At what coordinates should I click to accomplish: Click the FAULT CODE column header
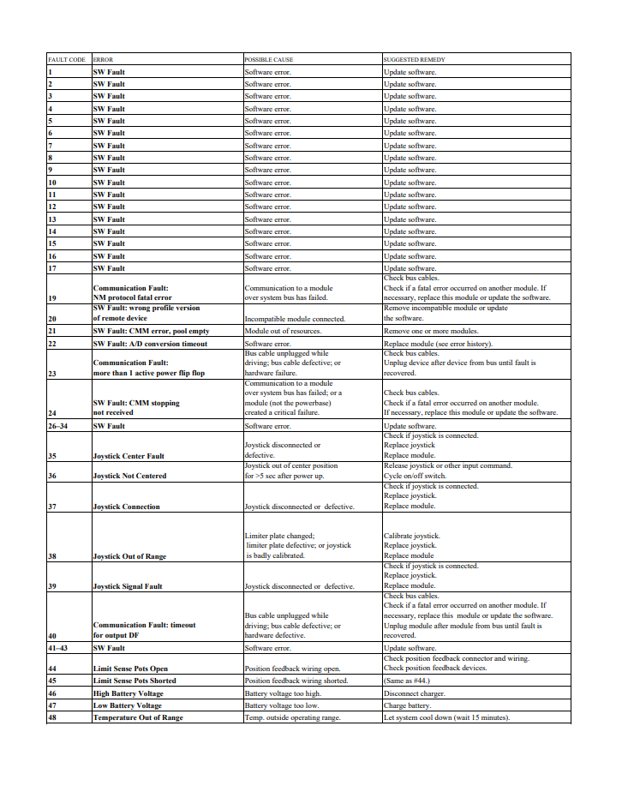click(x=66, y=60)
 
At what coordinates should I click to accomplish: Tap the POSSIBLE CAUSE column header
click(x=269, y=60)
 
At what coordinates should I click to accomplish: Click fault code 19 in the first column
click(x=51, y=297)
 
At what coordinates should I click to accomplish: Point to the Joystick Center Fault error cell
click(x=129, y=456)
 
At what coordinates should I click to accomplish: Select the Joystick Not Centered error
click(x=129, y=476)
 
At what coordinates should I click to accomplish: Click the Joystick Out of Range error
click(x=129, y=556)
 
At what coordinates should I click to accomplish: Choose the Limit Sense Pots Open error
click(x=130, y=669)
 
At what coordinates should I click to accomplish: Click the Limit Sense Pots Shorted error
click(x=135, y=681)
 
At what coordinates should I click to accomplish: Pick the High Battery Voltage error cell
click(x=128, y=693)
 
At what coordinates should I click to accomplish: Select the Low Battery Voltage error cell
click(x=127, y=705)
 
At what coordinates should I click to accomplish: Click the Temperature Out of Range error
click(x=138, y=717)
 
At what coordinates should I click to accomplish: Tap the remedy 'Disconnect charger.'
click(x=415, y=693)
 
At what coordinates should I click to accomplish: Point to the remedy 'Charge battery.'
click(x=407, y=705)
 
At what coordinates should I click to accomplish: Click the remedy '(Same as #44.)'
click(x=410, y=681)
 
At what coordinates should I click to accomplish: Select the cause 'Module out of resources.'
click(x=283, y=330)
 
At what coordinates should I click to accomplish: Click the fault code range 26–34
click(x=58, y=426)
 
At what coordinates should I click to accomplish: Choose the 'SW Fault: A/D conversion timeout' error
click(x=150, y=343)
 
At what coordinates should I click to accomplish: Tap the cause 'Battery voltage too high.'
click(x=284, y=693)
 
